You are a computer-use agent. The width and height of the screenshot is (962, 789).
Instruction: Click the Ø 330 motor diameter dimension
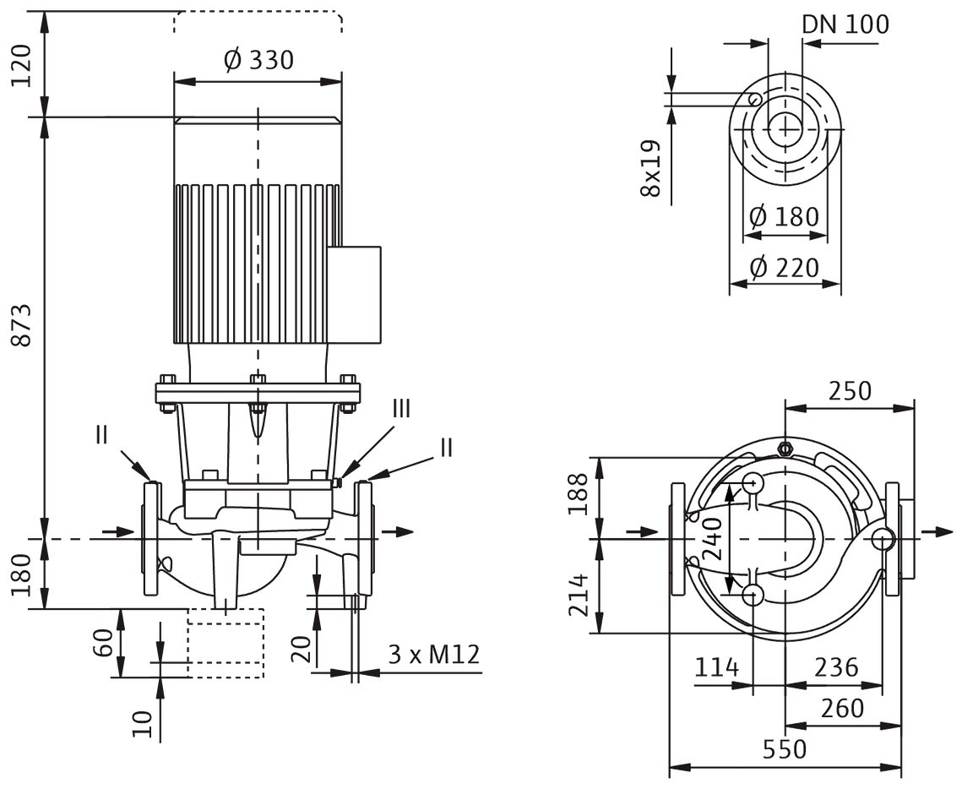(x=258, y=60)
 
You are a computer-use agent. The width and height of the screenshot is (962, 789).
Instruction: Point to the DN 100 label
(x=845, y=24)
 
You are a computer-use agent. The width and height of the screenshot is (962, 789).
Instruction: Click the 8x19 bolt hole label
(x=650, y=168)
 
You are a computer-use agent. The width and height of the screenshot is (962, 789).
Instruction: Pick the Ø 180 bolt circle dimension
(x=784, y=216)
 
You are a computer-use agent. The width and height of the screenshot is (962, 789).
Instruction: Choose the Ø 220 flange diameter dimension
(x=784, y=268)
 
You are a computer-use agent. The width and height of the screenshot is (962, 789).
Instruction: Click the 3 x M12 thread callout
(x=434, y=655)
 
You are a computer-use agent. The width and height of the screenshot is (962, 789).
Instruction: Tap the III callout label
(x=401, y=409)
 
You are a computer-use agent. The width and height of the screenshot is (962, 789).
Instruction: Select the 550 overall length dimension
(x=785, y=749)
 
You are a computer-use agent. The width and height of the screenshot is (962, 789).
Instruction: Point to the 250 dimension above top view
(x=850, y=391)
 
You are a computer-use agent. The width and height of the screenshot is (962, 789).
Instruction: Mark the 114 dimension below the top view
(x=716, y=667)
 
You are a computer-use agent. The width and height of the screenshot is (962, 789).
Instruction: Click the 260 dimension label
(x=842, y=709)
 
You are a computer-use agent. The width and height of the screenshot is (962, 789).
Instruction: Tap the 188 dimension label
(x=578, y=494)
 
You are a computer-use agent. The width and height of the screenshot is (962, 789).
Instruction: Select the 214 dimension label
(x=578, y=596)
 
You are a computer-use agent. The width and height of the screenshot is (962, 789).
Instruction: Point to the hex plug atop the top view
(x=784, y=448)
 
